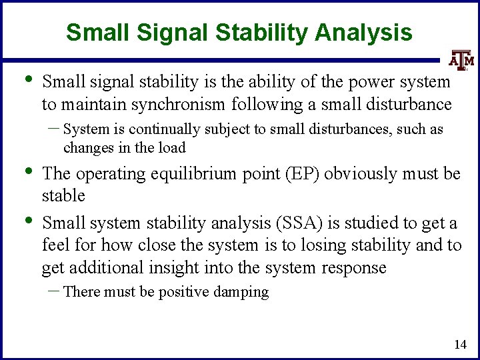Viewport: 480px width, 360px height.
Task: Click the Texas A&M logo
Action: (x=461, y=60)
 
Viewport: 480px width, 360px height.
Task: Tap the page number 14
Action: (x=459, y=345)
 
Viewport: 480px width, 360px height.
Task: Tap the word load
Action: (x=173, y=147)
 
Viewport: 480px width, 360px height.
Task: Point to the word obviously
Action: (x=361, y=174)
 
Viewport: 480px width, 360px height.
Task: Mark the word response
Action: (x=355, y=268)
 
